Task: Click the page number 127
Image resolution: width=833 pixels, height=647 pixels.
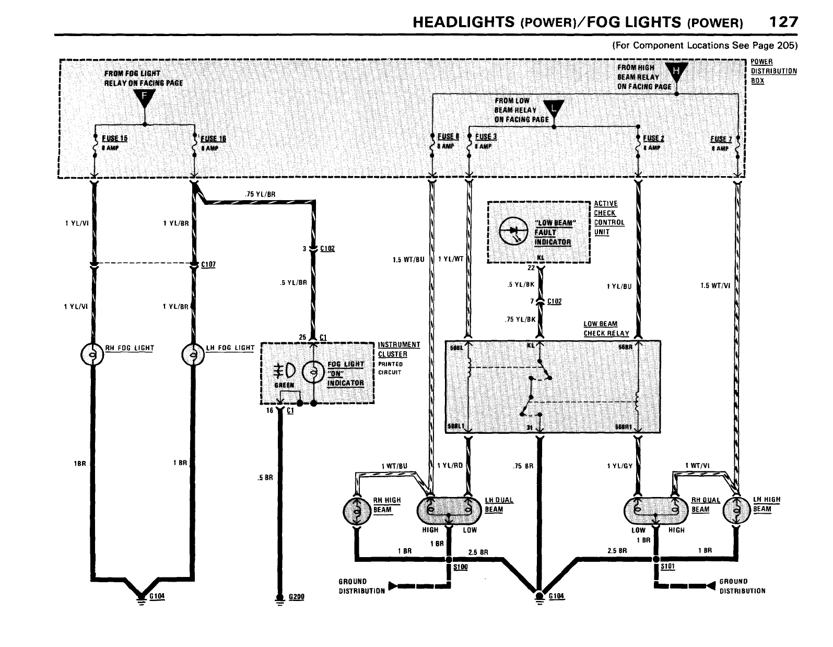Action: tap(783, 21)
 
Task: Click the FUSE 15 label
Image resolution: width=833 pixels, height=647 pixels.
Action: tap(114, 138)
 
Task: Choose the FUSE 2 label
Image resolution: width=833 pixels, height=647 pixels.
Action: tap(653, 138)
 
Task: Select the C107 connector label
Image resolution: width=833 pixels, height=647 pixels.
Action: tap(208, 264)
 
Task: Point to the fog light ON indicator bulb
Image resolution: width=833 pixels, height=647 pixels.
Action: tap(313, 372)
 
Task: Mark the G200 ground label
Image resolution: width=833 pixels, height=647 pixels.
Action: tap(296, 596)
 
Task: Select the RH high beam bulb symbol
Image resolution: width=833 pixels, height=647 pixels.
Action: tap(357, 511)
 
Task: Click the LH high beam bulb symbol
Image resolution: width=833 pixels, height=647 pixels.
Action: tap(736, 511)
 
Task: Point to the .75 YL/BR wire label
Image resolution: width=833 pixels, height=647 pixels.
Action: tap(260, 194)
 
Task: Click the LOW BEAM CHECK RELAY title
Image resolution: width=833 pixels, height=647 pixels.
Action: tap(606, 329)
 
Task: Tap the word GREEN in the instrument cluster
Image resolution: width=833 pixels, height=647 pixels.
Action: tap(284, 385)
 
